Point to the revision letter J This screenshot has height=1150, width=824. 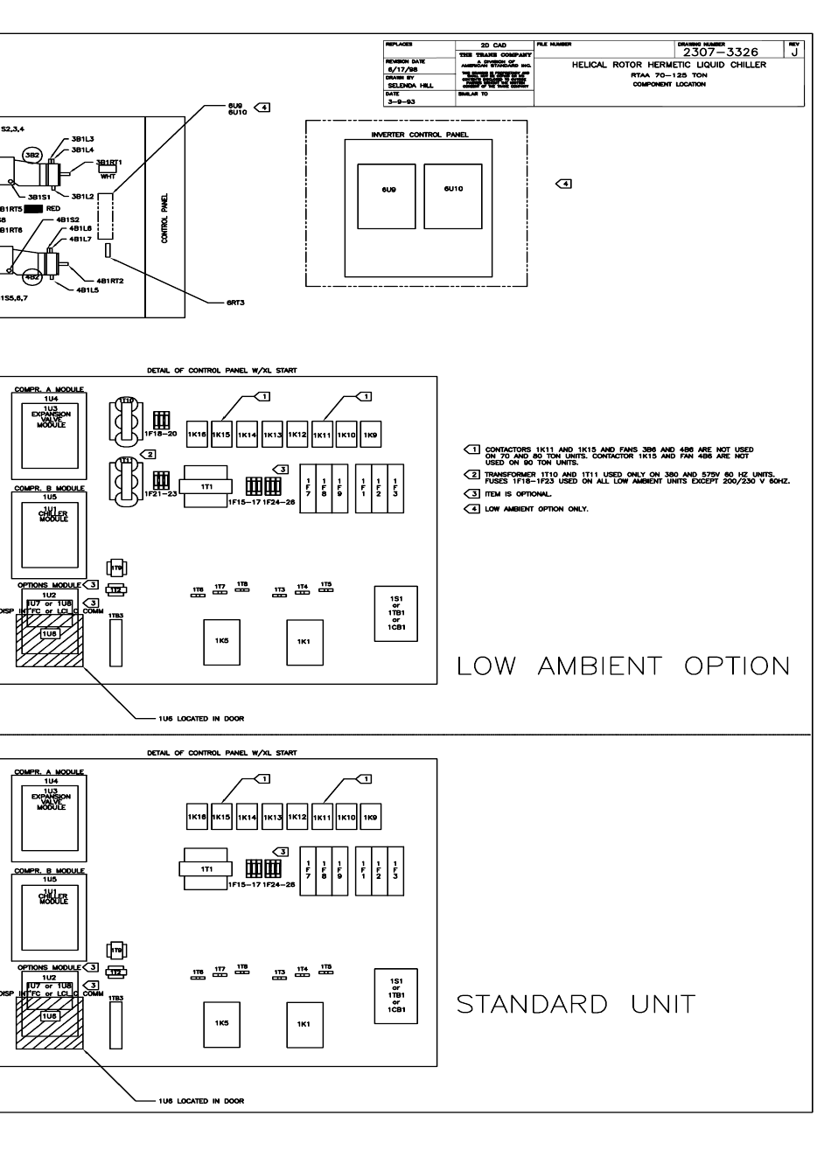(x=794, y=52)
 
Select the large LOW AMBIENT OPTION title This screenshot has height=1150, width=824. (x=624, y=666)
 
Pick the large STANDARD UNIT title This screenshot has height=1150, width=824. (x=577, y=1004)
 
